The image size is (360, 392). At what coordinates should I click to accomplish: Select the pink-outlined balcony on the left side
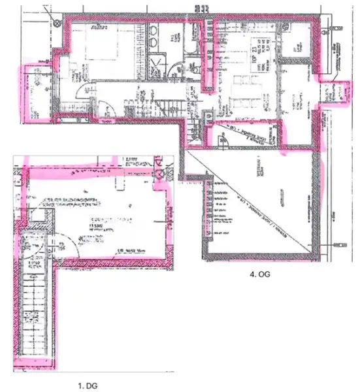(x=39, y=95)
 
